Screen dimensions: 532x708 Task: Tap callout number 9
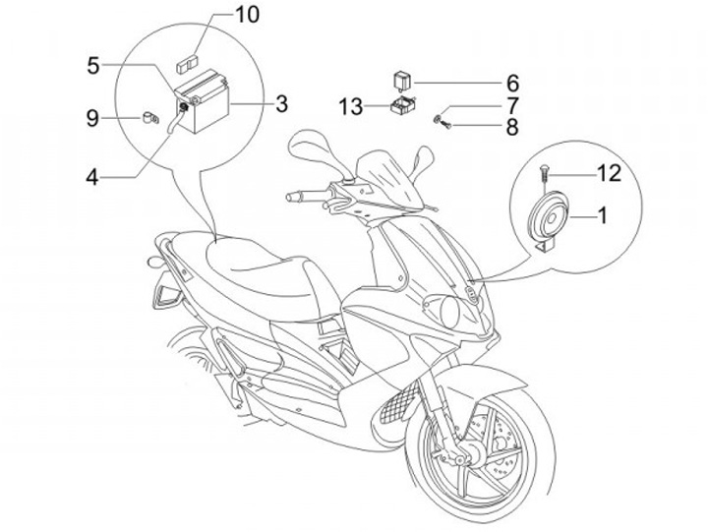(93, 119)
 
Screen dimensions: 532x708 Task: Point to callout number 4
(92, 177)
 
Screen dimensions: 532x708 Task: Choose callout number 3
(281, 102)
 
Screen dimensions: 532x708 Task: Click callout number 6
(512, 83)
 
